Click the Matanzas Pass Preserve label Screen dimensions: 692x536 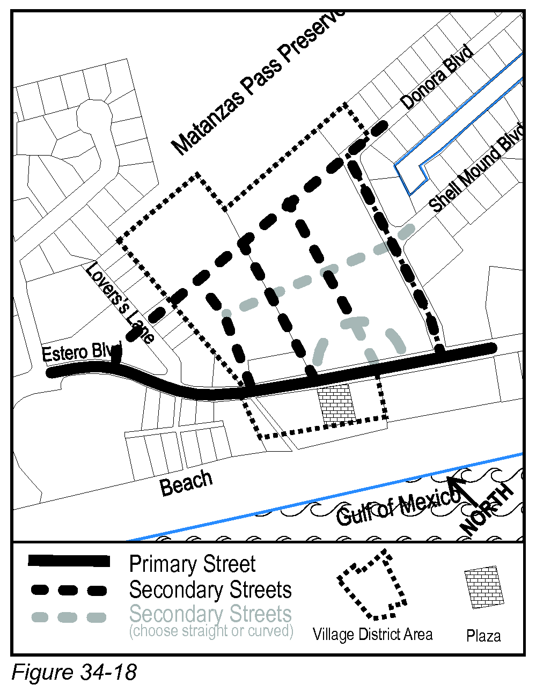[x=258, y=80]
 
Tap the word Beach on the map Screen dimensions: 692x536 [x=186, y=482]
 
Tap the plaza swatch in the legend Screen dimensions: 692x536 [x=484, y=587]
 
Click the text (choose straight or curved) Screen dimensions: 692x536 [x=211, y=631]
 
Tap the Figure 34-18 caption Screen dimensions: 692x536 [x=74, y=672]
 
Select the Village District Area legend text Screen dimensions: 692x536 [x=372, y=635]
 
